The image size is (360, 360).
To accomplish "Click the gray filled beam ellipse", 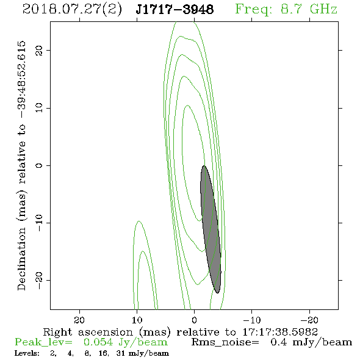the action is coord(211,229).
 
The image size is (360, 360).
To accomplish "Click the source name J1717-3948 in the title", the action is coord(175,9).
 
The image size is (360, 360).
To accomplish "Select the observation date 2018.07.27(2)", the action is coord(72,10).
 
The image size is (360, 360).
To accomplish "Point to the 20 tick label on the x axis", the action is coord(79,320).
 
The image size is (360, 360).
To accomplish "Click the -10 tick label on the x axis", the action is coord(252,320).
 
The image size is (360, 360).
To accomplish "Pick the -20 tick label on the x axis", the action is coord(309,320).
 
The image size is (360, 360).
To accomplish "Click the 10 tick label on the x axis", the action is coord(137,320).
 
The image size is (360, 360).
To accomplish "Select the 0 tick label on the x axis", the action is coord(195,320).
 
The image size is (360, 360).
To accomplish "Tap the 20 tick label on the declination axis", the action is coord(39,50).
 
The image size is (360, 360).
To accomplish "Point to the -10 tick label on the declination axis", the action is coord(39,223).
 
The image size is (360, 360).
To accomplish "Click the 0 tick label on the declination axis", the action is coord(39,165).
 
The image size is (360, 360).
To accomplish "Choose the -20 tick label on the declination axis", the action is coord(39,280).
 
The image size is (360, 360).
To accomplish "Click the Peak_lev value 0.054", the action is coord(98,342).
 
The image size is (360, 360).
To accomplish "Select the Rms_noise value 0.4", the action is coord(278,342).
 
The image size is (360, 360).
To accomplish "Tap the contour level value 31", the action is coord(121,353).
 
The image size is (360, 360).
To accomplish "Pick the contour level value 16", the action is coord(104,353).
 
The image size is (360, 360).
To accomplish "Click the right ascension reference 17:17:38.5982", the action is coord(280,332).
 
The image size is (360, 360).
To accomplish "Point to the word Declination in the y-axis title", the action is coord(21,259).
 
